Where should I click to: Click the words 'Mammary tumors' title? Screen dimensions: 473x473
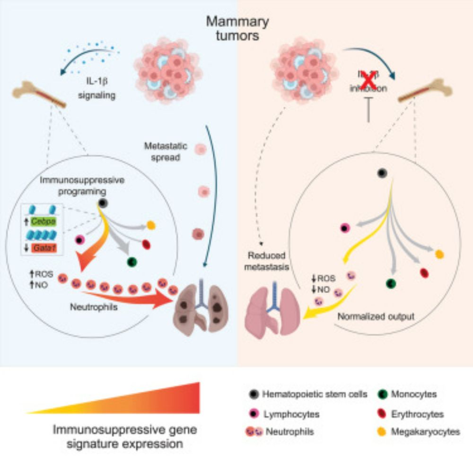(236, 28)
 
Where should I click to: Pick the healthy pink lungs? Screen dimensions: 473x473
(271, 312)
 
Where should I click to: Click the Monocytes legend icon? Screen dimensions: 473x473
(385, 394)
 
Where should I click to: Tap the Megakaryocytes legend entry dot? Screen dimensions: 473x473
(385, 431)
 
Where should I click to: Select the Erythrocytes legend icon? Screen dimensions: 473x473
(385, 413)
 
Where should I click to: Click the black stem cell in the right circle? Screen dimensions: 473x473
(382, 174)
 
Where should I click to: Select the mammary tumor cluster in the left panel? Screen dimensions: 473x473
(166, 71)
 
